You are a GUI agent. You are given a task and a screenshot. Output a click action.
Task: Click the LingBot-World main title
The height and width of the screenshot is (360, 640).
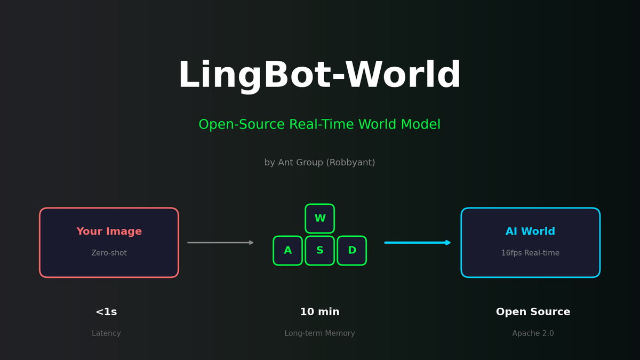(x=319, y=76)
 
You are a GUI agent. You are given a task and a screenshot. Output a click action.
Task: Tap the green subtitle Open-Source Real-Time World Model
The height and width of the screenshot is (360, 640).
(x=319, y=125)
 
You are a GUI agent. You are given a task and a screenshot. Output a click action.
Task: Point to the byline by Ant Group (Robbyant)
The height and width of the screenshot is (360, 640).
(x=319, y=163)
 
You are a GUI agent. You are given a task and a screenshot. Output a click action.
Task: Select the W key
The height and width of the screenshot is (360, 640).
(x=320, y=219)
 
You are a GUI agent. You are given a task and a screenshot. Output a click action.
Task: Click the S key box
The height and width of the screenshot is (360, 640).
(x=320, y=251)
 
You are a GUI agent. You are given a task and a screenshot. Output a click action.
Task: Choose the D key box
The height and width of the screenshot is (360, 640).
(x=352, y=251)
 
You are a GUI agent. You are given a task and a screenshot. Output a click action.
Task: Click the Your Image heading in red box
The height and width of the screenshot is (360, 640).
(x=109, y=232)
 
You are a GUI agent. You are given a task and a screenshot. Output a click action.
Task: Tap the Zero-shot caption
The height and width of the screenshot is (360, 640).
(x=109, y=253)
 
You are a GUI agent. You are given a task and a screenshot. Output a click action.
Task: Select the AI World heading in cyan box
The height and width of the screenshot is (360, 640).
(x=530, y=232)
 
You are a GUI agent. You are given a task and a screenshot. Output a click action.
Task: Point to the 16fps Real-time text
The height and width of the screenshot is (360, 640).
(x=530, y=253)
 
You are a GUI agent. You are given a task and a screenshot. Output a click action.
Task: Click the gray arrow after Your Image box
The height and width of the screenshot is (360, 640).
(x=220, y=243)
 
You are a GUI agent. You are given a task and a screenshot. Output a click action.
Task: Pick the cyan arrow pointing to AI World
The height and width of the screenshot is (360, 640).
(x=418, y=243)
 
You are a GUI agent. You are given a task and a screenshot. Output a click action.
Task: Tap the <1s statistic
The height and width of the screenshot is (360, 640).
(x=106, y=313)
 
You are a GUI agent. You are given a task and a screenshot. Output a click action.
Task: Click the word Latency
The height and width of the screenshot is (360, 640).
(x=106, y=334)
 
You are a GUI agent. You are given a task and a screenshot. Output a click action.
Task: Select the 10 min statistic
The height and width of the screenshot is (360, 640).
(x=319, y=313)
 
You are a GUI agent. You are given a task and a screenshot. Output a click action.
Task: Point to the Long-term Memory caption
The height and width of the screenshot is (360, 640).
(x=319, y=334)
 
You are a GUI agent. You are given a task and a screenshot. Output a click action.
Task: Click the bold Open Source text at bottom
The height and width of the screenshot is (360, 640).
(x=533, y=313)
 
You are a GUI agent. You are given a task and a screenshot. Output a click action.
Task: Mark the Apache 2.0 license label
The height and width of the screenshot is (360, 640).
(x=533, y=334)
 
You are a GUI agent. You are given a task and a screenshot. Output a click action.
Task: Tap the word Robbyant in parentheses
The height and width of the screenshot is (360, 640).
(x=352, y=163)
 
